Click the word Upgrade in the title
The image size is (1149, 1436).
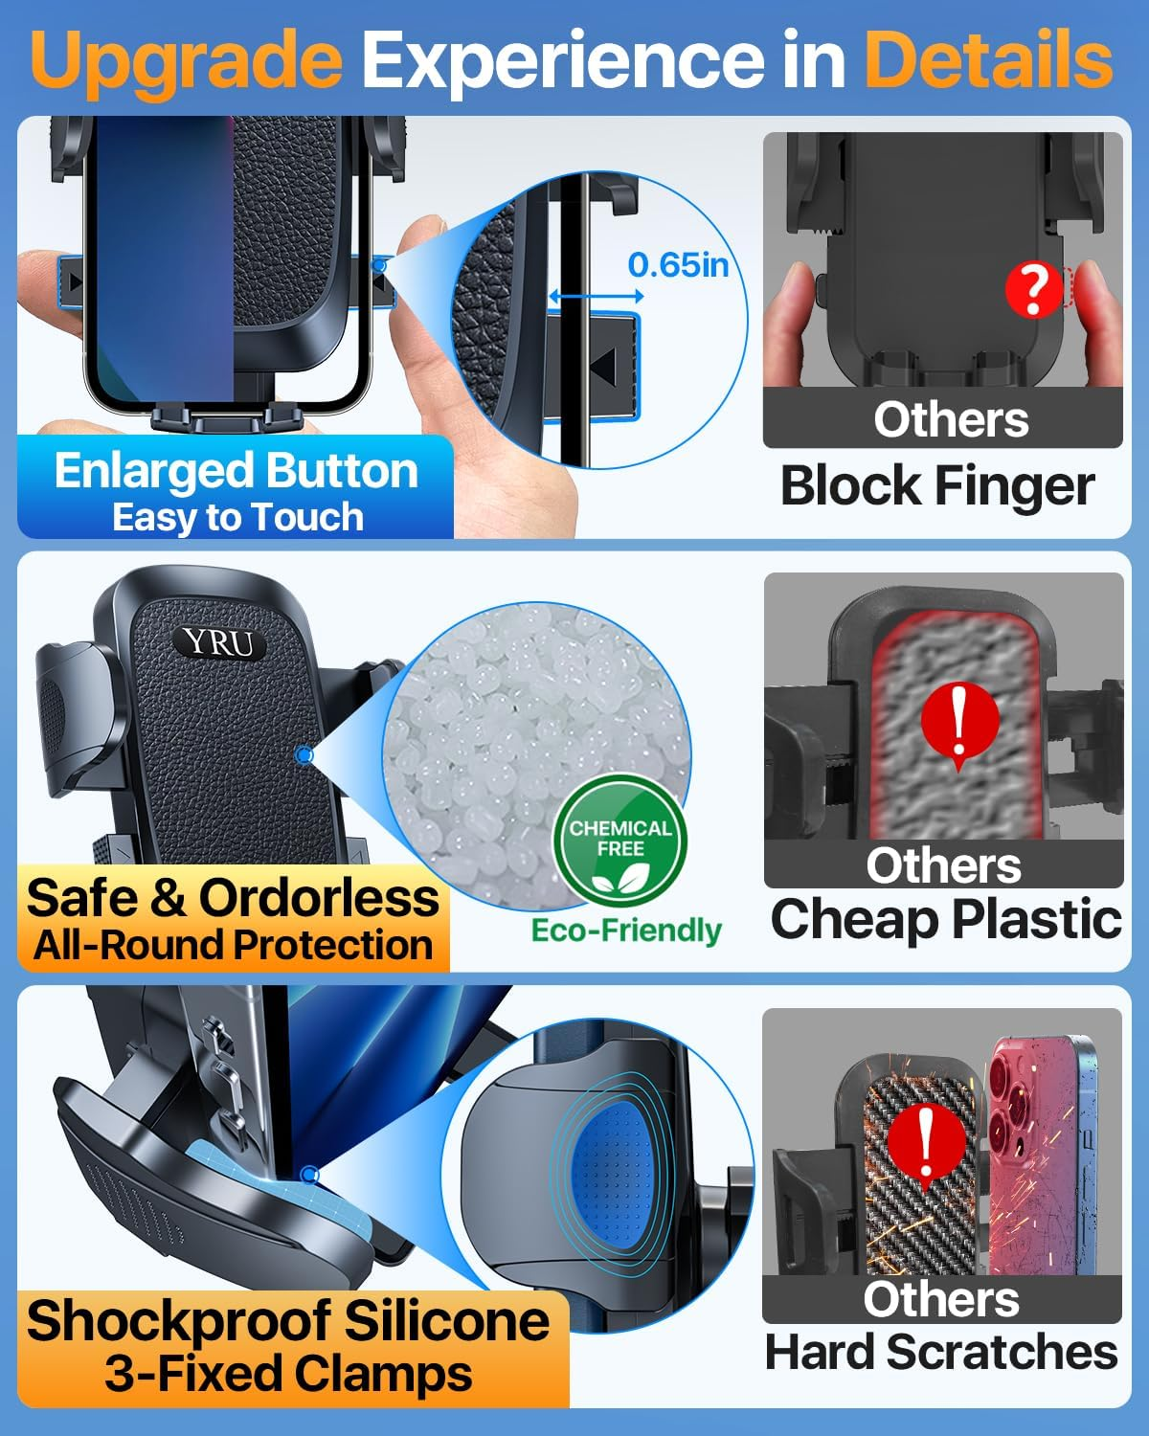(187, 59)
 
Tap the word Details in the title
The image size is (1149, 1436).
(988, 59)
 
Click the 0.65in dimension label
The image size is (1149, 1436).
(678, 264)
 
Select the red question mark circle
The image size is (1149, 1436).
(1031, 290)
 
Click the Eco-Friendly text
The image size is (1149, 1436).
(626, 930)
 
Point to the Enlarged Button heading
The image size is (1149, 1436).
(236, 471)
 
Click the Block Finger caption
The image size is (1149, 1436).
(937, 485)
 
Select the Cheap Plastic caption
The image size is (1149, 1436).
(945, 919)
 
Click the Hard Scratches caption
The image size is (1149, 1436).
(941, 1353)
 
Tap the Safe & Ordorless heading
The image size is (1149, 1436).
(233, 898)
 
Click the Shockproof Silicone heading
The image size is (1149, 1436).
(288, 1320)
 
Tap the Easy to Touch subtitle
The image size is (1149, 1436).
(237, 517)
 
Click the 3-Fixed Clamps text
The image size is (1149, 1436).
(288, 1373)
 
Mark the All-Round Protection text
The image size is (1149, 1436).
(233, 945)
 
